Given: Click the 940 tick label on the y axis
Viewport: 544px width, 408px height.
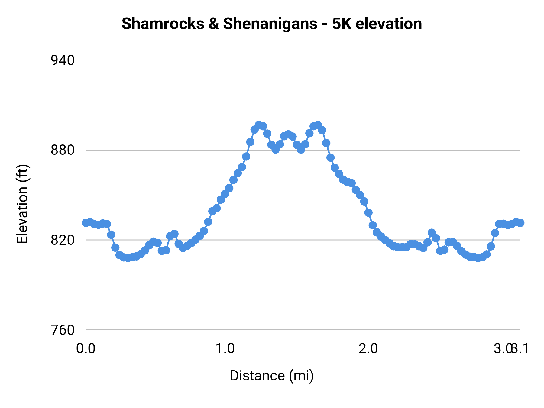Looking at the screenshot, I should tap(63, 60).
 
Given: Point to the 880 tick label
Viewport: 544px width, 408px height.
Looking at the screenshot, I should tap(63, 150).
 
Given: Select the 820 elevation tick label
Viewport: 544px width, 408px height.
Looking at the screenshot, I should tap(63, 240).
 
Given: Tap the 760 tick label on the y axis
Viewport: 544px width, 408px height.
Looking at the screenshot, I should tap(63, 330).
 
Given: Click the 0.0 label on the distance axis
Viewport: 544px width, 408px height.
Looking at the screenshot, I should tap(86, 349).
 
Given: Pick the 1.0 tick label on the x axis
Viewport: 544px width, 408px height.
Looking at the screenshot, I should tap(225, 349).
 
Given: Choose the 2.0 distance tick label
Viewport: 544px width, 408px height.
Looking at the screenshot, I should tap(368, 349).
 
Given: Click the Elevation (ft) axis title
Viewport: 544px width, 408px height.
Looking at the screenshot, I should tap(22, 204).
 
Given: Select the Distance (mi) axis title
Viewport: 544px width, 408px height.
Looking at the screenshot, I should tap(272, 376).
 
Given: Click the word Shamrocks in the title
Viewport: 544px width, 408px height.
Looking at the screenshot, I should tap(163, 24).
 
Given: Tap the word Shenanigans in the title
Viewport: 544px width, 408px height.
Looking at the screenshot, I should tap(270, 24).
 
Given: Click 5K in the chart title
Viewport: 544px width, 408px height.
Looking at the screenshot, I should tap(342, 24).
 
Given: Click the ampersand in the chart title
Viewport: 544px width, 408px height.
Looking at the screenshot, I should tap(214, 24).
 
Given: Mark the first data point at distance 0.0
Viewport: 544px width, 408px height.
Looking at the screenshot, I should tap(86, 223).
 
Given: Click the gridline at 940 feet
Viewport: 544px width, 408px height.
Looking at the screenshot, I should tap(302, 60).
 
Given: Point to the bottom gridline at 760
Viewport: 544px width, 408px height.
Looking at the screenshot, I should tap(302, 330).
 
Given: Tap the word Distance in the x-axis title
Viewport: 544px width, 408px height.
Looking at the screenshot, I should tap(257, 376).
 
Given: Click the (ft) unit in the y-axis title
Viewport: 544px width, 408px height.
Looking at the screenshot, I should tap(22, 173).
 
